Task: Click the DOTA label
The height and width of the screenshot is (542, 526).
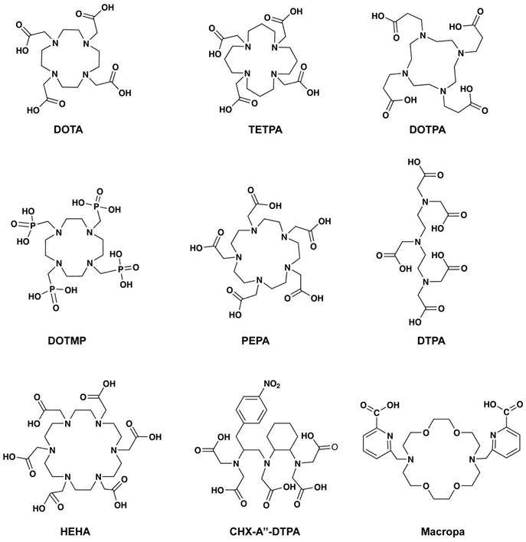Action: (68, 129)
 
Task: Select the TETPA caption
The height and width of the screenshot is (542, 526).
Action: (265, 129)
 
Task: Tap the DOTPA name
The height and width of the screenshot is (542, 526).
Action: (427, 129)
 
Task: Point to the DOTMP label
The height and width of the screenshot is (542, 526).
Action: (67, 341)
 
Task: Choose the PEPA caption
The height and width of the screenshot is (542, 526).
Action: (256, 341)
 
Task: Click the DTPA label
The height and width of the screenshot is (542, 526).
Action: (431, 341)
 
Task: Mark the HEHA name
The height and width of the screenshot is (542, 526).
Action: (75, 531)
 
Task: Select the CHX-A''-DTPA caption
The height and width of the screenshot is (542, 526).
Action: (265, 531)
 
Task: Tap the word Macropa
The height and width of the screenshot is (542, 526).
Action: (443, 531)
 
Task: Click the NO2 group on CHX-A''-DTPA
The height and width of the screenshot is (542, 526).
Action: (272, 384)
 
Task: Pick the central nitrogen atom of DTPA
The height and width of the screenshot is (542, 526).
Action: (418, 242)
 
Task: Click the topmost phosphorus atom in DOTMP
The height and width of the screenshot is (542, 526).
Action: (96, 206)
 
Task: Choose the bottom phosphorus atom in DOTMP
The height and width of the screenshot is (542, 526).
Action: (52, 289)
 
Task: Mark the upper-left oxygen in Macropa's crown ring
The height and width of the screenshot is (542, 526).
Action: (426, 433)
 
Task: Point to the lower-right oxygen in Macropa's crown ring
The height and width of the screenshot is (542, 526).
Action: (456, 486)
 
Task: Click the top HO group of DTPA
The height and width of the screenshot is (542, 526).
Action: (416, 162)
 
